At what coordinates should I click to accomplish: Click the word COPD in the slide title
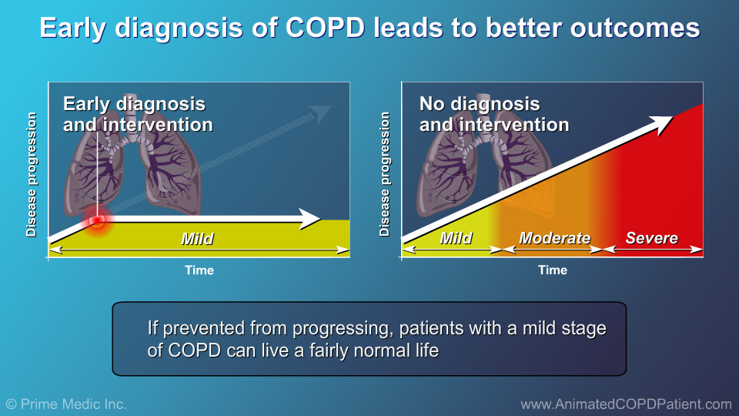(324, 28)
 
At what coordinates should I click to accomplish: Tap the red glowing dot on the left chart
(98, 222)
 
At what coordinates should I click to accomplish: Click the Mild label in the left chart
(197, 239)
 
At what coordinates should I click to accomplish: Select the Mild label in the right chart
(456, 238)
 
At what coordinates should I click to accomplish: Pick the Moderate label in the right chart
(554, 238)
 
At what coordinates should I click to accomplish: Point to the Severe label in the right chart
(651, 238)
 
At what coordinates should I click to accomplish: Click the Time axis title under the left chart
(199, 270)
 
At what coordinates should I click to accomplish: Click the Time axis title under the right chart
(553, 270)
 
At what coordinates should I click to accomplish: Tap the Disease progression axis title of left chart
(32, 175)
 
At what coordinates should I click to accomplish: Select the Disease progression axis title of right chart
(385, 175)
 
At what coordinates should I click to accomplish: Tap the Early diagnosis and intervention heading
(137, 114)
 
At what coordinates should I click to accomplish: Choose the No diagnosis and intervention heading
(494, 114)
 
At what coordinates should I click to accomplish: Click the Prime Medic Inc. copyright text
(66, 404)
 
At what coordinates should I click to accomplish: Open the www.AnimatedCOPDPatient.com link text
(626, 404)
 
